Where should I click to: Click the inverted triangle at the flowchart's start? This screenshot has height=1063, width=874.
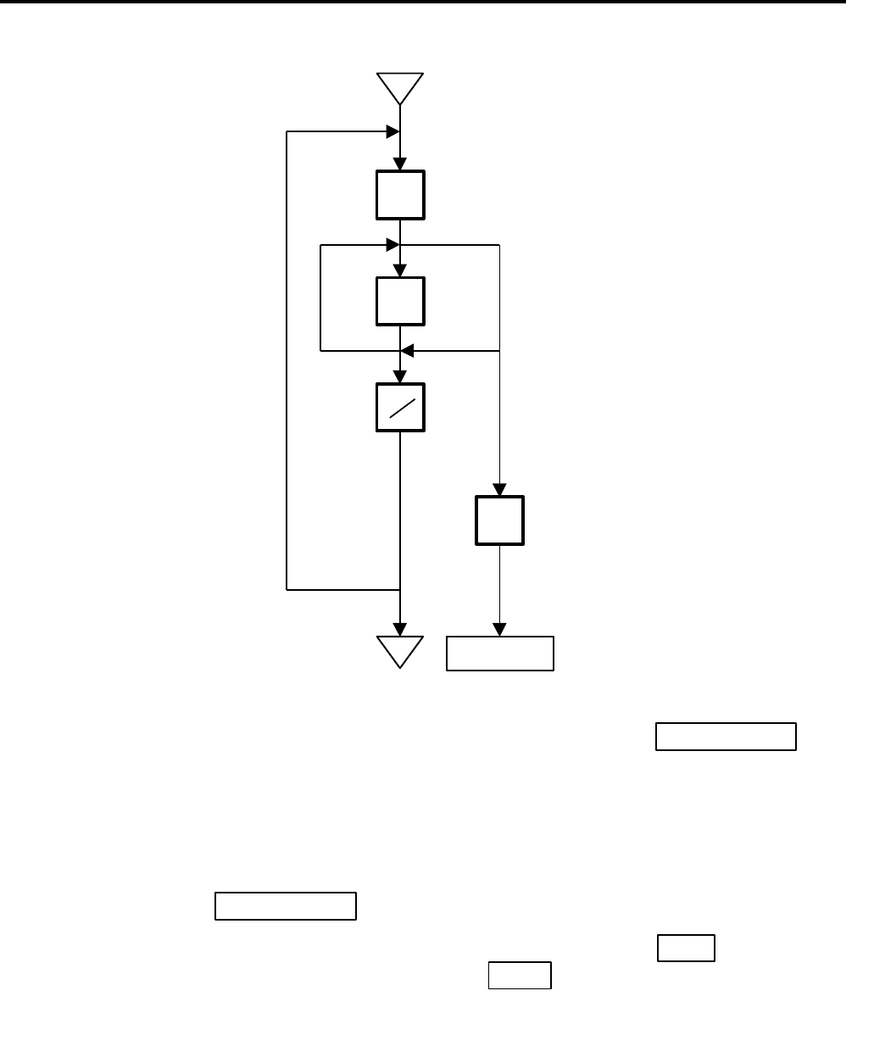click(400, 87)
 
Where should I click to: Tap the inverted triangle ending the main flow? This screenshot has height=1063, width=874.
click(399, 649)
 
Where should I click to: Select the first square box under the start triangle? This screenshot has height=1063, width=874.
click(400, 195)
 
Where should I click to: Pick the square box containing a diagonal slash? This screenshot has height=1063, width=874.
click(400, 408)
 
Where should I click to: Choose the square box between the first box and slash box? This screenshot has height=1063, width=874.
click(400, 301)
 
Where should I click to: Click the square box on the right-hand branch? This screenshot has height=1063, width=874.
click(499, 520)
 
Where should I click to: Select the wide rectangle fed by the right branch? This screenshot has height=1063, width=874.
click(500, 654)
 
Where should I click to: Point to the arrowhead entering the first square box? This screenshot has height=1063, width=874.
click(400, 164)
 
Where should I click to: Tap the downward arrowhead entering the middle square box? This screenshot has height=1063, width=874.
click(400, 270)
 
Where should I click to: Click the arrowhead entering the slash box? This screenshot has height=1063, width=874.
click(400, 377)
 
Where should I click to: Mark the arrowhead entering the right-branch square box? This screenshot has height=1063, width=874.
click(499, 490)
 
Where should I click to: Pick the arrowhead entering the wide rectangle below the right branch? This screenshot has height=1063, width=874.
click(499, 630)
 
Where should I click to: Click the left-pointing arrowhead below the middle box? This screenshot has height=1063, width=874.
click(407, 350)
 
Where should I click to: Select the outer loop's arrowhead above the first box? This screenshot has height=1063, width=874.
click(392, 131)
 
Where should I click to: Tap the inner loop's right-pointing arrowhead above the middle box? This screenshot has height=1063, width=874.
click(392, 245)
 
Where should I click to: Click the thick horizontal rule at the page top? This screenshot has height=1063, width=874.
click(424, 3)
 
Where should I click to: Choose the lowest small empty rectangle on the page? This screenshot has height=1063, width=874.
click(520, 976)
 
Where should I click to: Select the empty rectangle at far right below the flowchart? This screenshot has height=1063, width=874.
click(725, 737)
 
